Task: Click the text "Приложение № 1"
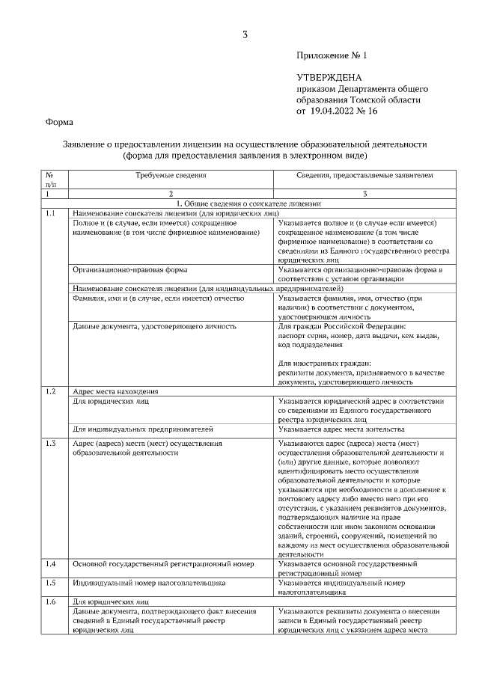click(x=332, y=56)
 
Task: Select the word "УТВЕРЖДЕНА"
click(x=329, y=78)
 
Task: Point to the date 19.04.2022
click(x=336, y=111)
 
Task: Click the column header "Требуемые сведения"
click(x=171, y=175)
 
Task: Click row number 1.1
click(x=51, y=213)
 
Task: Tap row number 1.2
click(x=51, y=391)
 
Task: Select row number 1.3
click(x=51, y=444)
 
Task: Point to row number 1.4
click(x=51, y=563)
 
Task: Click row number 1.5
click(x=51, y=581)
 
